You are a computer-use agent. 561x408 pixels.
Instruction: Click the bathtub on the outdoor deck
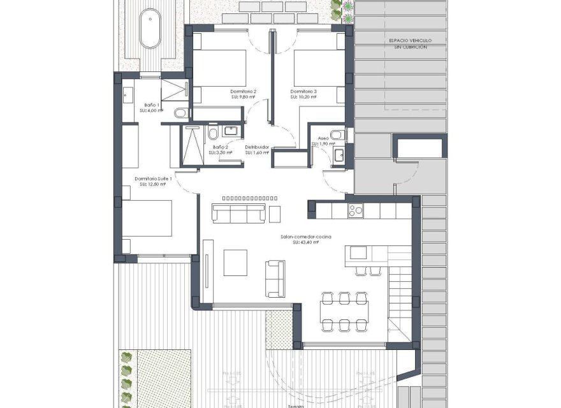[151, 28]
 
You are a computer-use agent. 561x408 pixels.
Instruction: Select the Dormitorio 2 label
[243, 92]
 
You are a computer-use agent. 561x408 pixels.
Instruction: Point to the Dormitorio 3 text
[303, 92]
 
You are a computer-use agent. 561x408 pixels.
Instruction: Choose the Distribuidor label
[257, 147]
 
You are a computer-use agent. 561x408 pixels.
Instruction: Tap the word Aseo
[323, 138]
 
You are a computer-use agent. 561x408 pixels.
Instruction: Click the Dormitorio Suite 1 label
[153, 178]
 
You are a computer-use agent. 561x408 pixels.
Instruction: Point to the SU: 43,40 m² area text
[305, 242]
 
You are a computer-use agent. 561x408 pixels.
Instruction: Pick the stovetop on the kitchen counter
[354, 210]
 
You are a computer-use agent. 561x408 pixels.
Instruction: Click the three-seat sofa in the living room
[240, 213]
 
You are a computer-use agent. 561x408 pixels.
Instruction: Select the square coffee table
[235, 261]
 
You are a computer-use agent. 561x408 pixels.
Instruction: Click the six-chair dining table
[344, 311]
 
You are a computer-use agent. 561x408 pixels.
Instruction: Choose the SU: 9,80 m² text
[243, 98]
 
